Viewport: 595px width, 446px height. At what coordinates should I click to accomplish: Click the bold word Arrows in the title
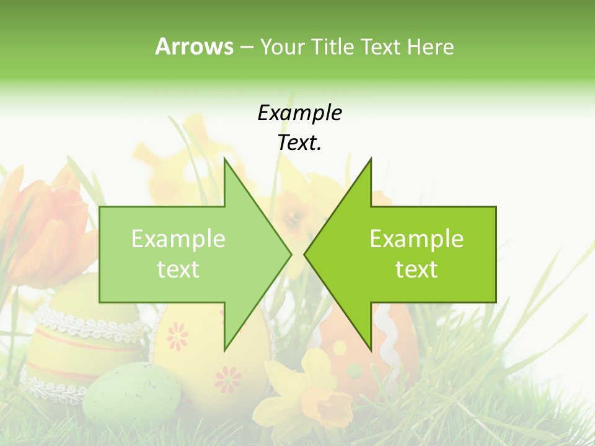click(194, 46)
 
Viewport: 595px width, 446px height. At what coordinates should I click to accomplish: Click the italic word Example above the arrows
click(299, 113)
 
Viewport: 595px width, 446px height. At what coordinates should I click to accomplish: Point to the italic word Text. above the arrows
click(299, 142)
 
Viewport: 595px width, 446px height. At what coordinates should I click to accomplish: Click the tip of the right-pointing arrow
click(291, 254)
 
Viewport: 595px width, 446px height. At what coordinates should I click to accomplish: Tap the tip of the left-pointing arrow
click(305, 254)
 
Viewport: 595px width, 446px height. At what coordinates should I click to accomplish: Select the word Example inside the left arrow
click(178, 239)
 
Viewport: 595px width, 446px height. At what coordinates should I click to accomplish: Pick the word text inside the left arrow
click(178, 269)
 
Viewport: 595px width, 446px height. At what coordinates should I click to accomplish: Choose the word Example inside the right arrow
click(416, 239)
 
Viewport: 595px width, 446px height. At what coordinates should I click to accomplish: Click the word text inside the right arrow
click(416, 269)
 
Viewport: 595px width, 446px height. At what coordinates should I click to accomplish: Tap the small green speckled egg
click(131, 393)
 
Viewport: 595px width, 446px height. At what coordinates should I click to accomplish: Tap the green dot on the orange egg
click(354, 370)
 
